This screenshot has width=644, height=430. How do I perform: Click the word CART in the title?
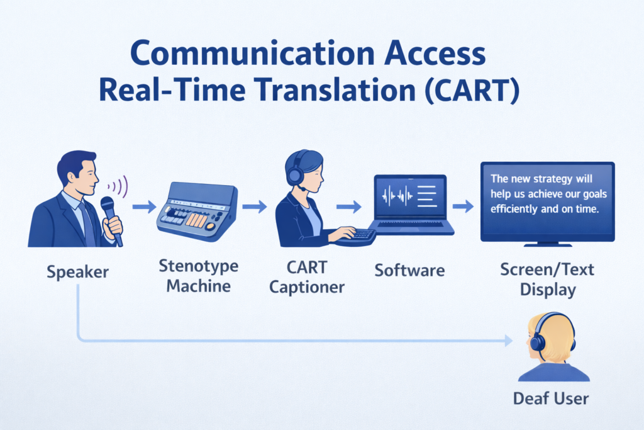coord(464,92)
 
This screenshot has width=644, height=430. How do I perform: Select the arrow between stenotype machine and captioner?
coord(255,206)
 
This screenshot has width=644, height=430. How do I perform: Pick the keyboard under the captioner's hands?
coord(355,237)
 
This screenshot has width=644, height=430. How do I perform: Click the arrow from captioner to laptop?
coord(349,206)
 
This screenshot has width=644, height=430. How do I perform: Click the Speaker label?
coord(77,273)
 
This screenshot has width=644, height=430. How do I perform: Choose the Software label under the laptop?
coord(409,271)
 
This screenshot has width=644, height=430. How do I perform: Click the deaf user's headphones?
coord(537,342)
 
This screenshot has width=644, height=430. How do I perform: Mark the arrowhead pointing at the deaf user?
coord(507,341)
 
